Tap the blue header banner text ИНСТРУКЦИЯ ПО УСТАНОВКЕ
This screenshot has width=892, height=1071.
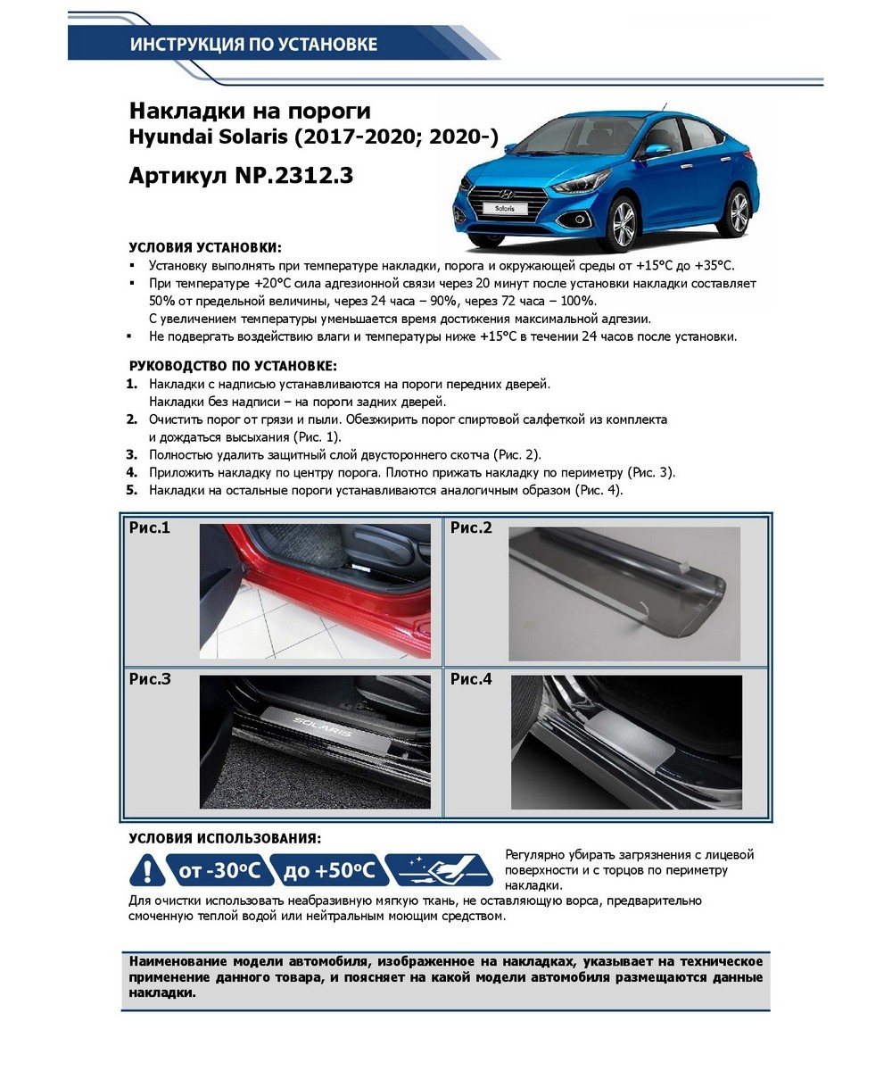[253, 44]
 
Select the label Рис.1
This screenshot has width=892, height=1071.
[149, 528]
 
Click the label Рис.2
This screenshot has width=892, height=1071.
[470, 528]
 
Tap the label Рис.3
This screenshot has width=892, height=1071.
[149, 679]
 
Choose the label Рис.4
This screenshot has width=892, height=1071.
[470, 679]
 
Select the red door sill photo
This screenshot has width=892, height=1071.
[314, 591]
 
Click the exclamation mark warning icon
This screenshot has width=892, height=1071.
[146, 868]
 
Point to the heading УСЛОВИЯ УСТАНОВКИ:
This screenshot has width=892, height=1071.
[205, 247]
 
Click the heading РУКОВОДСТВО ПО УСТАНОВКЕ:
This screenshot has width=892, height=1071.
[233, 366]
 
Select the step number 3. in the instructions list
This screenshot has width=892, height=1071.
[132, 454]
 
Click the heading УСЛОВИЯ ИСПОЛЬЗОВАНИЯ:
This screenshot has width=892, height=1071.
[226, 839]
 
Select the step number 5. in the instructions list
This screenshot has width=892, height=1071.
[132, 490]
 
